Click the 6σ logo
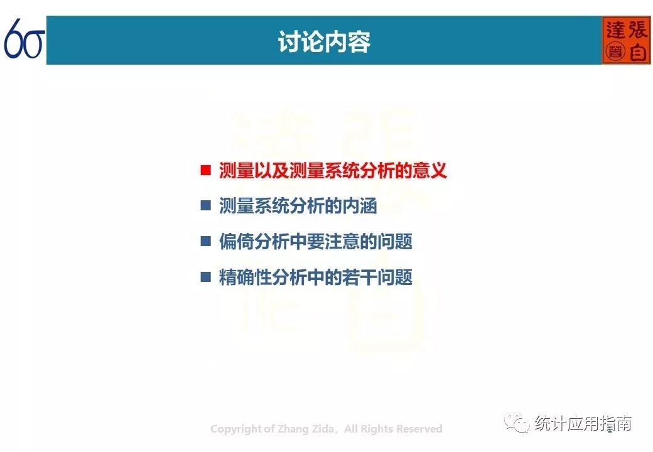click(24, 38)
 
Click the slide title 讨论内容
click(324, 41)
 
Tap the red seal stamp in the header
click(626, 40)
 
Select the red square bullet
click(206, 170)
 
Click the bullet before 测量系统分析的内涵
click(206, 206)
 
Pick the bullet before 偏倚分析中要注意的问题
click(206, 242)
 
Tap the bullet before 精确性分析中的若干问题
click(206, 277)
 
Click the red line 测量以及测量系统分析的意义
click(333, 171)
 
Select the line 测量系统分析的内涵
click(298, 206)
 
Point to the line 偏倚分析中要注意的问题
click(316, 242)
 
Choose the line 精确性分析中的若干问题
click(316, 277)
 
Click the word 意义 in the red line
click(429, 171)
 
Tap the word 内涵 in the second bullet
click(360, 206)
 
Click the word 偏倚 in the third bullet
click(236, 242)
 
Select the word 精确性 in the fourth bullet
click(245, 277)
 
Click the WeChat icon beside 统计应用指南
click(517, 423)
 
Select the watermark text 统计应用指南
click(583, 424)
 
